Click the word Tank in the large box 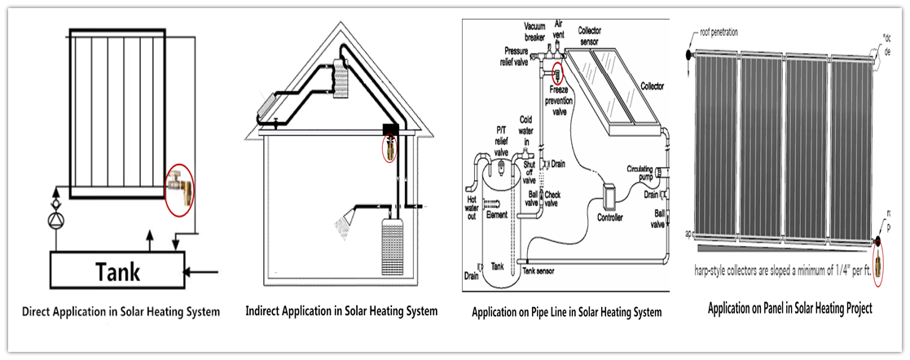119,271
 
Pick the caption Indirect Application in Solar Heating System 342,311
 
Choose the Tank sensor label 539,269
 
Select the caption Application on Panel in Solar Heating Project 790,309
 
